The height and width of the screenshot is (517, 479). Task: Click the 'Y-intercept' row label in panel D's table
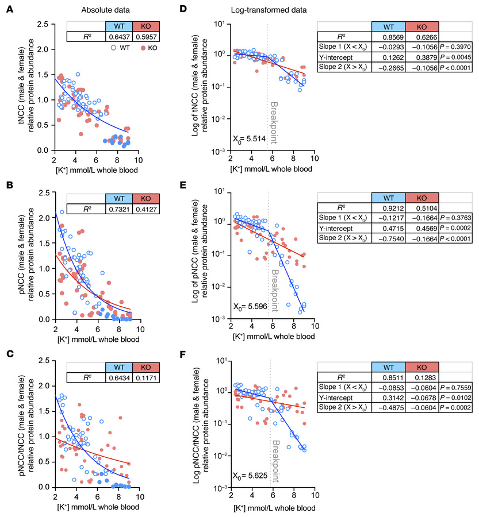click(x=344, y=57)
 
